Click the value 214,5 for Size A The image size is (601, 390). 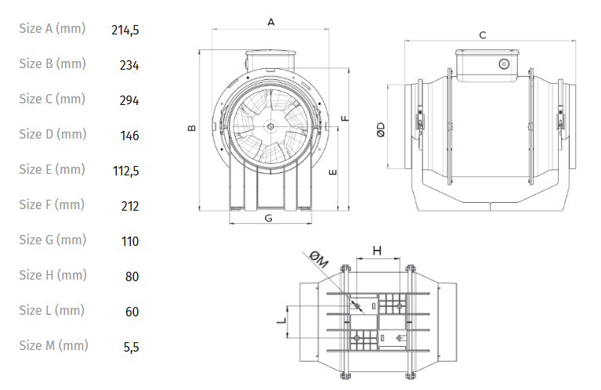coord(125,30)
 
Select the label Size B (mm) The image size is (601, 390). coord(52,64)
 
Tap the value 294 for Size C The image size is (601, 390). coord(129,100)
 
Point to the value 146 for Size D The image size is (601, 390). coord(129,135)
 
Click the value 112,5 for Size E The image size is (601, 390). coord(125,171)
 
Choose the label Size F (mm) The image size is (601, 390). coord(52,205)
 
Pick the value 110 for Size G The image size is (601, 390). coord(130,241)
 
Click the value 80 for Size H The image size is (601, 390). coord(132,276)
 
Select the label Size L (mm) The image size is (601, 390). coord(52,311)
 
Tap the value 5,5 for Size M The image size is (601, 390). coord(131,346)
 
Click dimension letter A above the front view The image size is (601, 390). coord(271,23)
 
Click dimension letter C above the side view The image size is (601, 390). coord(483,35)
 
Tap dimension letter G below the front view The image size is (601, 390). coord(268,218)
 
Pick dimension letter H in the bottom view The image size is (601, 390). coord(377,251)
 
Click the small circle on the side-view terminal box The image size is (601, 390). coord(503,63)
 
